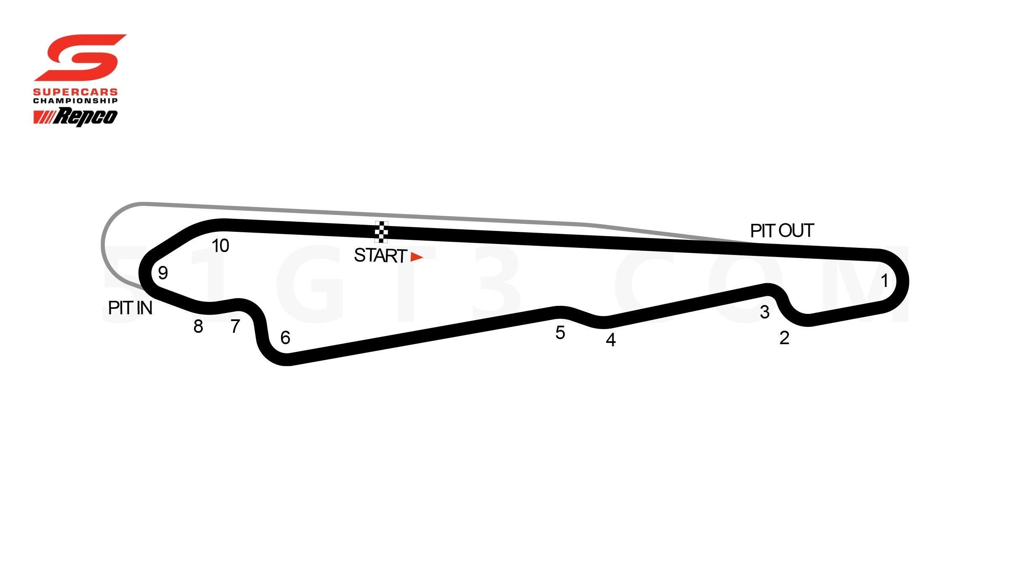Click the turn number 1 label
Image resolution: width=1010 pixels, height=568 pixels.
884,281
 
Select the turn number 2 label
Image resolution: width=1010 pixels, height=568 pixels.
784,338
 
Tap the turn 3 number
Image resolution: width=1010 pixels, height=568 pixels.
765,312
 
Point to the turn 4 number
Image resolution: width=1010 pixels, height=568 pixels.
611,340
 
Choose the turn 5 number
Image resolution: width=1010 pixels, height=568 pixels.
560,333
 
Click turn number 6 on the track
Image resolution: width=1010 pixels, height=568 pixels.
285,338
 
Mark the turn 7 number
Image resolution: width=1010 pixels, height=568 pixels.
235,326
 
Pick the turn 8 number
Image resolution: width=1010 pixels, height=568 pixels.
198,326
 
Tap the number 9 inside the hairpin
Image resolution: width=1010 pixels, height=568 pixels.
163,273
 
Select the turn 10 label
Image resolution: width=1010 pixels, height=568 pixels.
220,246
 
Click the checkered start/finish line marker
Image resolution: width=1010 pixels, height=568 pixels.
381,232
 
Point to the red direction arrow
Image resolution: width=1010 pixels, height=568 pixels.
417,257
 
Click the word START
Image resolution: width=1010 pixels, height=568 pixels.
380,256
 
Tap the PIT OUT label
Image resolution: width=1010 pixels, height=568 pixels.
782,231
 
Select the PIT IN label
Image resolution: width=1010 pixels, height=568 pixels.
130,308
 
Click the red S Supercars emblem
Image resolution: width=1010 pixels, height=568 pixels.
80,58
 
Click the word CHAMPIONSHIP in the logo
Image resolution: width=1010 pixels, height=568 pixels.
75,101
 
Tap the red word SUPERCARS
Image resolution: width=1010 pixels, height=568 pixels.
76,92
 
